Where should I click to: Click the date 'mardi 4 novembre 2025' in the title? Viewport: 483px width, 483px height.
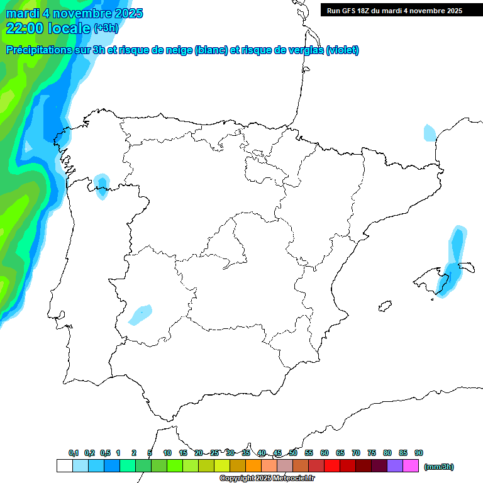(x=74, y=13)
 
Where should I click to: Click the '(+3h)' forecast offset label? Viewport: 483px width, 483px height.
(x=106, y=28)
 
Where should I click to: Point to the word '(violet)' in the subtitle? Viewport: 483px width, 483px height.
(x=343, y=50)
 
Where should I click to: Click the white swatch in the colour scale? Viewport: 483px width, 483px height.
(x=64, y=465)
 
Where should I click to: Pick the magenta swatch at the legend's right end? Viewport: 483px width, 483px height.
(x=411, y=465)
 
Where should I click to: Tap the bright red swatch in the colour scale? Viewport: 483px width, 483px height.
(x=332, y=465)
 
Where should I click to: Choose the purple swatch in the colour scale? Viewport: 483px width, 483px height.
(x=395, y=465)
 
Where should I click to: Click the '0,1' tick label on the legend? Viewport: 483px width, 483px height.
(x=74, y=453)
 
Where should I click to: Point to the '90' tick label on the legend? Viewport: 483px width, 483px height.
(x=419, y=453)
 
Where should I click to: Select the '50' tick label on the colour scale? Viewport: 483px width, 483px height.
(x=293, y=453)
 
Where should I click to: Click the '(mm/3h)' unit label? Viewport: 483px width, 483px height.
(x=438, y=467)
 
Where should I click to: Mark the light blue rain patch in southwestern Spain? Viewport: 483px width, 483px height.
(x=140, y=314)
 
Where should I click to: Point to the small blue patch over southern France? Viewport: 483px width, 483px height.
(x=430, y=133)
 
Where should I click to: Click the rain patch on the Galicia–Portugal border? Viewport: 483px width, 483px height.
(x=101, y=186)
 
